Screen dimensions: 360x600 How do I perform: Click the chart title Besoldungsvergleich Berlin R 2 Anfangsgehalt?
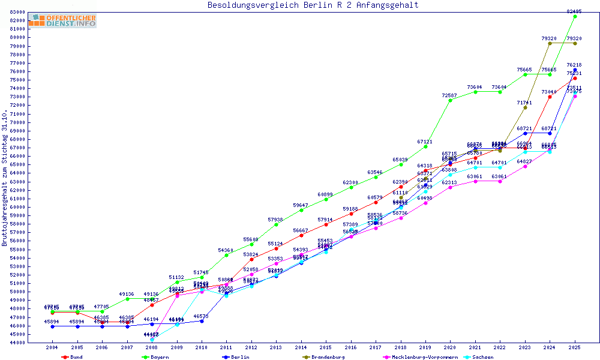tap(313, 5)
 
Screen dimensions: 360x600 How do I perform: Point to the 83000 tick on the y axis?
tap(17, 12)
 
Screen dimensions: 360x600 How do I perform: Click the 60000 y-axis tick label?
tap(17, 207)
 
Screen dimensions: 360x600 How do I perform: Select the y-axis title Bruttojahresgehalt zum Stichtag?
tap(5, 178)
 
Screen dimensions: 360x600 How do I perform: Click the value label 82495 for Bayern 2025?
tap(575, 11)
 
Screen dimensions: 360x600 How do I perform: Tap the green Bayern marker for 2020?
tap(451, 100)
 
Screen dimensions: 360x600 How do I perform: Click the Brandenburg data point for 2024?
tap(550, 43)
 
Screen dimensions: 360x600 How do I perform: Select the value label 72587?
tap(450, 95)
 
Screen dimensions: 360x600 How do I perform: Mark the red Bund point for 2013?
tap(276, 248)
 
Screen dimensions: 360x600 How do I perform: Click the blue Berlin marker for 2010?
tap(202, 321)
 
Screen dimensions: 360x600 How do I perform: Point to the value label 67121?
tap(425, 142)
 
